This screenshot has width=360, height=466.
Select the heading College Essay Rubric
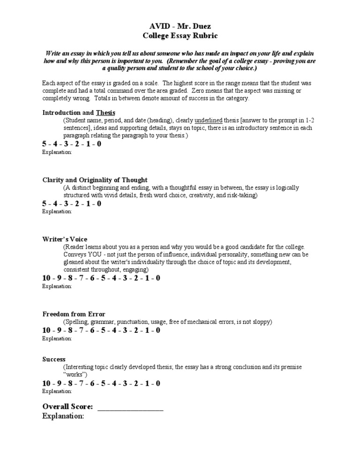tap(180, 36)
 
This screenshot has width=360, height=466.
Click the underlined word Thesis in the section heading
tap(105, 113)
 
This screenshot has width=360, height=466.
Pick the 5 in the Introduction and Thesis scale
tap(45, 144)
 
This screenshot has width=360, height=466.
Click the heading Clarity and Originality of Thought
tap(95, 180)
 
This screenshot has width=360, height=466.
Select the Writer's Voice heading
tap(65, 239)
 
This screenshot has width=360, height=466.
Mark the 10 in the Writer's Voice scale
tap(46, 278)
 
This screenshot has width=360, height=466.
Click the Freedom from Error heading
tap(74, 314)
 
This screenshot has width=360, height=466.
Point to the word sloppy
tap(261, 322)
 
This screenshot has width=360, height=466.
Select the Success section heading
tap(54, 359)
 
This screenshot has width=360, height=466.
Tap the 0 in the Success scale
tap(157, 383)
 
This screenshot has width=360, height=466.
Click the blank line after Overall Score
tap(130, 406)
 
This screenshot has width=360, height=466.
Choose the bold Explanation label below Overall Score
tap(63, 416)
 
